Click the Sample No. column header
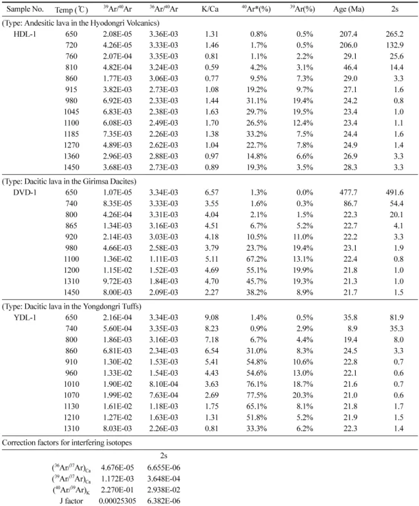point(25,9)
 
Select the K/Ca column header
point(210,9)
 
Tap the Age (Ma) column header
point(349,9)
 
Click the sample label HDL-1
point(25,34)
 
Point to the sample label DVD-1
point(25,192)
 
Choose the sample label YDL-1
point(25,318)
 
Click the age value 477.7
point(348,192)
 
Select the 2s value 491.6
point(395,192)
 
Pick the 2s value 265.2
point(395,34)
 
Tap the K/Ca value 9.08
point(211,318)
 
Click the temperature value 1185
point(71,134)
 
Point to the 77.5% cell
point(257,395)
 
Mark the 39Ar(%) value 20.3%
point(303,395)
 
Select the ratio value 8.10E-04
point(163,384)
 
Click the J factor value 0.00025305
point(117,501)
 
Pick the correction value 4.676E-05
point(117,467)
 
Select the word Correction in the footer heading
point(18,442)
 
